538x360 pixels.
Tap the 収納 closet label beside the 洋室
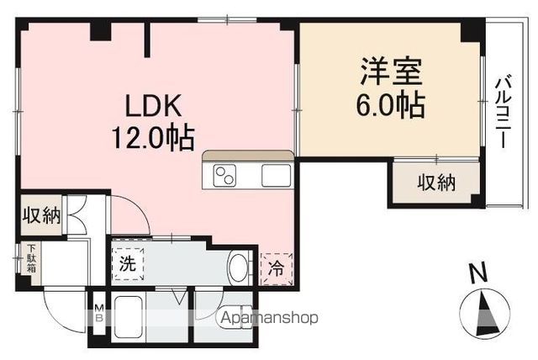click(436, 183)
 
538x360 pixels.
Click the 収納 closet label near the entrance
click(41, 215)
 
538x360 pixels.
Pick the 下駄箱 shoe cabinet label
click(31, 257)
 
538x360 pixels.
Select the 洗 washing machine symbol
click(126, 262)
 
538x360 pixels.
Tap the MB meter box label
click(98, 313)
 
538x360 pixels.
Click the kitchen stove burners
click(226, 176)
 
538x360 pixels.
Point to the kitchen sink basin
click(275, 176)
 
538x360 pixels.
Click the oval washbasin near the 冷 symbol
click(238, 269)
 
